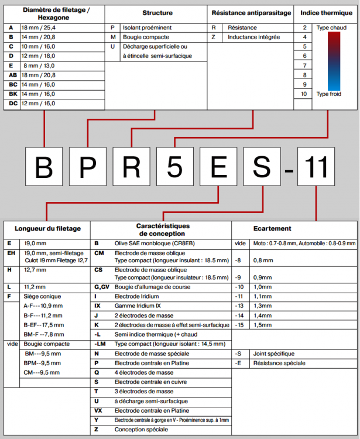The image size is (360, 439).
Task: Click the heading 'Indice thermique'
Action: point(326,13)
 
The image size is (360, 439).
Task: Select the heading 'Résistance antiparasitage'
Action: point(251,13)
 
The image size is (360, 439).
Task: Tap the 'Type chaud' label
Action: point(331,28)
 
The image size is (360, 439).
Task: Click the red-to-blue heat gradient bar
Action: point(334,60)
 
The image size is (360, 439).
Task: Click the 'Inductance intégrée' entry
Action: point(253,37)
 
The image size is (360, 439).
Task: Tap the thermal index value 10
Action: point(303,94)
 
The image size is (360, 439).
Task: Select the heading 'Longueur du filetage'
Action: point(48,228)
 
